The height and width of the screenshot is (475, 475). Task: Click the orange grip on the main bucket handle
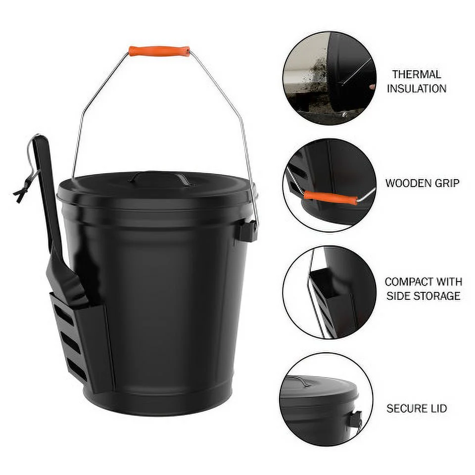(x=159, y=51)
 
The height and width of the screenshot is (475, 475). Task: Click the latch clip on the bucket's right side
(x=248, y=231)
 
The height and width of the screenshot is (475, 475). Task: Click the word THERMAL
(x=417, y=75)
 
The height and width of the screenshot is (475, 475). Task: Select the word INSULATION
(x=417, y=89)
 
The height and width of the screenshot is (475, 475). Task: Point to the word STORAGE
(x=438, y=296)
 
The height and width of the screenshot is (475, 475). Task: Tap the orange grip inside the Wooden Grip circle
(x=330, y=197)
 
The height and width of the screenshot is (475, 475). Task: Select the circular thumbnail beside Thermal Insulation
(x=330, y=78)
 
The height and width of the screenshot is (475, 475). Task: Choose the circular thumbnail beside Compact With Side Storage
(x=330, y=292)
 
